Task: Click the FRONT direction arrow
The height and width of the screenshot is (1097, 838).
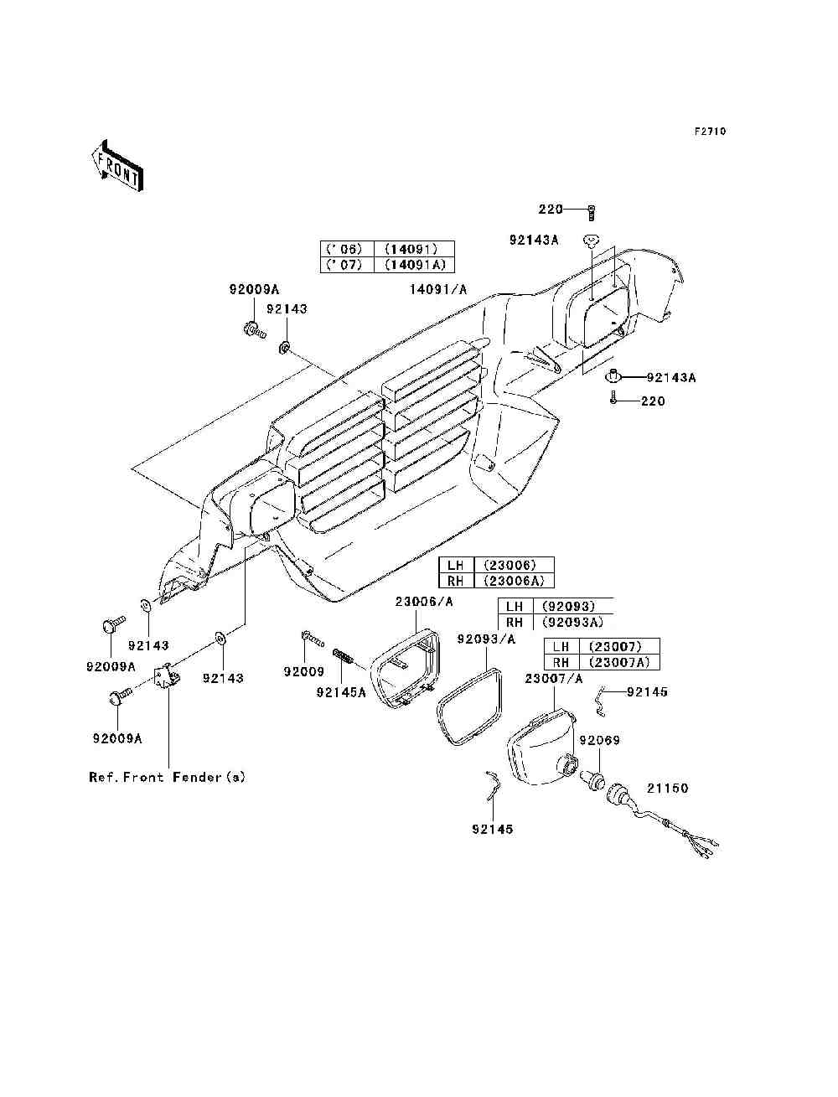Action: pos(117,165)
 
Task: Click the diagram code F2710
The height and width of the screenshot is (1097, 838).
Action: pos(710,132)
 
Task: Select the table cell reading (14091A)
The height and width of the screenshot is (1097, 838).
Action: pos(414,265)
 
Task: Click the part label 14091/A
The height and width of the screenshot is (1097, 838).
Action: pos(438,289)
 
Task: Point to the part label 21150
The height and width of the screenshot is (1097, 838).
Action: pos(668,788)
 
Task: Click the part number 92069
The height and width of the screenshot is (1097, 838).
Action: pos(600,740)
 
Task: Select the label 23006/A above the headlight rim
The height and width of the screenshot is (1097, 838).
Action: pos(424,602)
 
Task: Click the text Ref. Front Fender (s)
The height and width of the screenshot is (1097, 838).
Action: pos(167,777)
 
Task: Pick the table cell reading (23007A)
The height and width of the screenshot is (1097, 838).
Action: pos(619,662)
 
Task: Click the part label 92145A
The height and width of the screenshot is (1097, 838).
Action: pos(341,692)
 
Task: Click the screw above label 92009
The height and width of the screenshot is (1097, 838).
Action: pos(312,637)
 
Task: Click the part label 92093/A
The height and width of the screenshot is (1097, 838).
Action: pos(486,639)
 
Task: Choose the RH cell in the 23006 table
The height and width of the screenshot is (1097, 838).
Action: pos(455,581)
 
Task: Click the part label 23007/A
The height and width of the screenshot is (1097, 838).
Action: pos(554,679)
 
